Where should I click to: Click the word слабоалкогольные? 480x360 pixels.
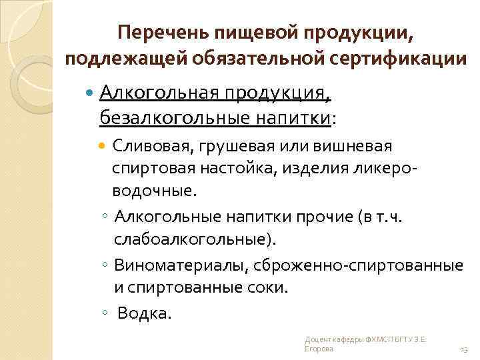pyautogui.click(x=193, y=239)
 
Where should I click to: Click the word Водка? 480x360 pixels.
pyautogui.click(x=145, y=313)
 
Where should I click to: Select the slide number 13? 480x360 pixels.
pyautogui.click(x=464, y=349)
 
